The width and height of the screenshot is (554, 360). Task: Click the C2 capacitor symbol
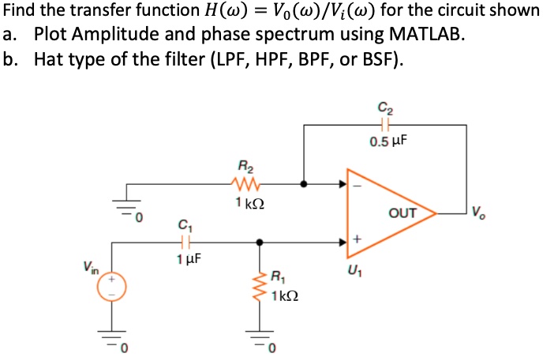385,124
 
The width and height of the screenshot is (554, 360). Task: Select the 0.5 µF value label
388,142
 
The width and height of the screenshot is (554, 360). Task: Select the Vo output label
479,211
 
